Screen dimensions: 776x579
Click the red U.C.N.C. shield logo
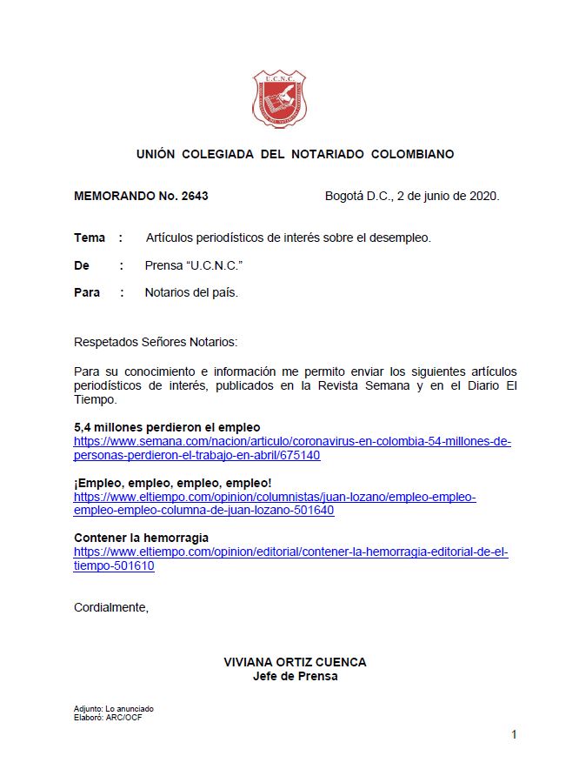coord(279,99)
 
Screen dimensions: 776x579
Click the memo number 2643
coord(195,196)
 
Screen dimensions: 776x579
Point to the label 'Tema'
coord(90,237)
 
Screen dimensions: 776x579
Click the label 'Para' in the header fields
coord(87,292)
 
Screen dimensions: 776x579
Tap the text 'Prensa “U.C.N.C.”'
coord(192,265)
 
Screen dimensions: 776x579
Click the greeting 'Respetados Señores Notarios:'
coord(155,343)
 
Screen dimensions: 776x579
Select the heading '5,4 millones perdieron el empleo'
coord(167,427)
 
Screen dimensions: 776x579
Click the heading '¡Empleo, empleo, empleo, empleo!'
coord(172,483)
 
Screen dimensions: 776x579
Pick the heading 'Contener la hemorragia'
coord(141,538)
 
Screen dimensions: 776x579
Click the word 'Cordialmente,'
coord(111,607)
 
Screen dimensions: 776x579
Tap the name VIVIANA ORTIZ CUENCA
coord(295,662)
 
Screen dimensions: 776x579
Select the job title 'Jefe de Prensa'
coord(295,676)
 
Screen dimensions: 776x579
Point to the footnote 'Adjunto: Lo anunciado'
coord(114,708)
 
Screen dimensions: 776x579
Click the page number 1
coord(514,735)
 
